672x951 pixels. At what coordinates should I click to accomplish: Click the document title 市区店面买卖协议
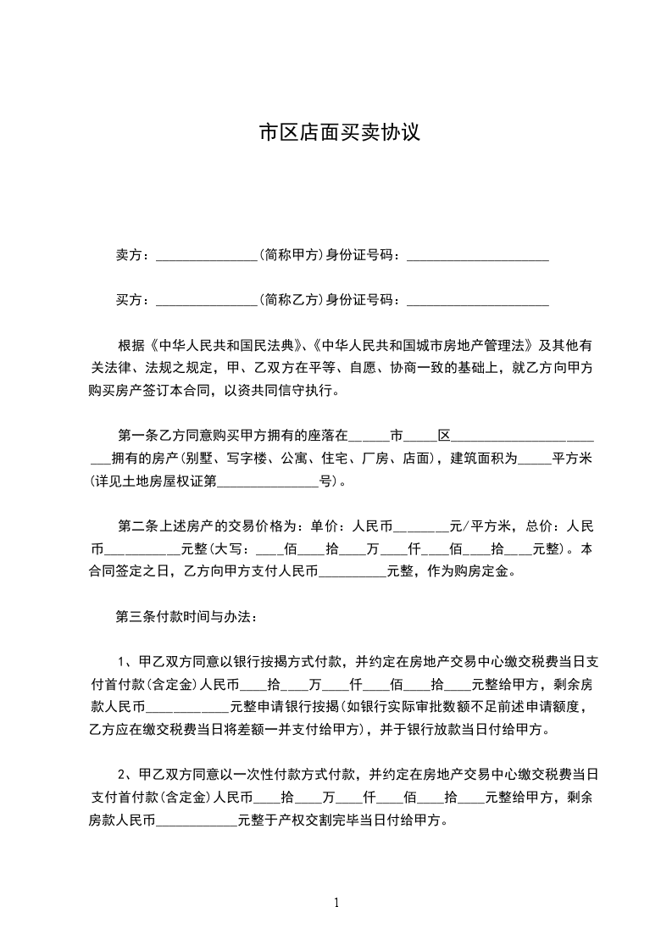[x=339, y=133]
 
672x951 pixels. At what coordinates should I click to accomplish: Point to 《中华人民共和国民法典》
[x=226, y=347]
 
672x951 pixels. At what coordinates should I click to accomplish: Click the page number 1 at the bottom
[x=336, y=903]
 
